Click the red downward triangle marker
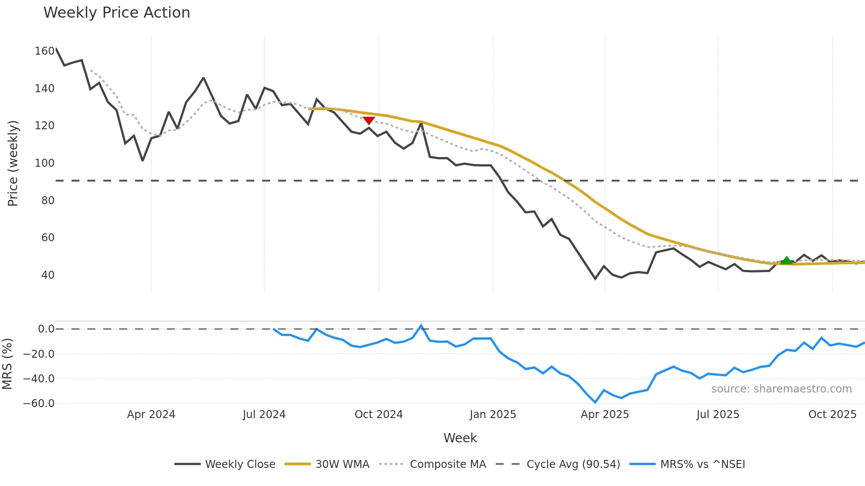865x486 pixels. [x=369, y=121]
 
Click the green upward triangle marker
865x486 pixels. [x=786, y=260]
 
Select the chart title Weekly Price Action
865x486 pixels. [x=117, y=13]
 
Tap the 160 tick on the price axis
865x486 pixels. [x=45, y=51]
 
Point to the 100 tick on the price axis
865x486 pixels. [x=45, y=163]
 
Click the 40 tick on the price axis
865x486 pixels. [x=48, y=275]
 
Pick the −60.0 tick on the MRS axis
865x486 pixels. [x=39, y=404]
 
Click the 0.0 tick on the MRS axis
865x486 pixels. [x=46, y=329]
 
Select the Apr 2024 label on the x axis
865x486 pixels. [x=151, y=415]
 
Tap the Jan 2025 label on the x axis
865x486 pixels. [x=493, y=415]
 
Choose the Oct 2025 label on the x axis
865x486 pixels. [x=832, y=415]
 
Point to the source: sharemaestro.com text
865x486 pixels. [x=781, y=389]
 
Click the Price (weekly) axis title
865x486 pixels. [x=13, y=163]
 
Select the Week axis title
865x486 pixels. [x=460, y=438]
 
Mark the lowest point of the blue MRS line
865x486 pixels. [x=595, y=402]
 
